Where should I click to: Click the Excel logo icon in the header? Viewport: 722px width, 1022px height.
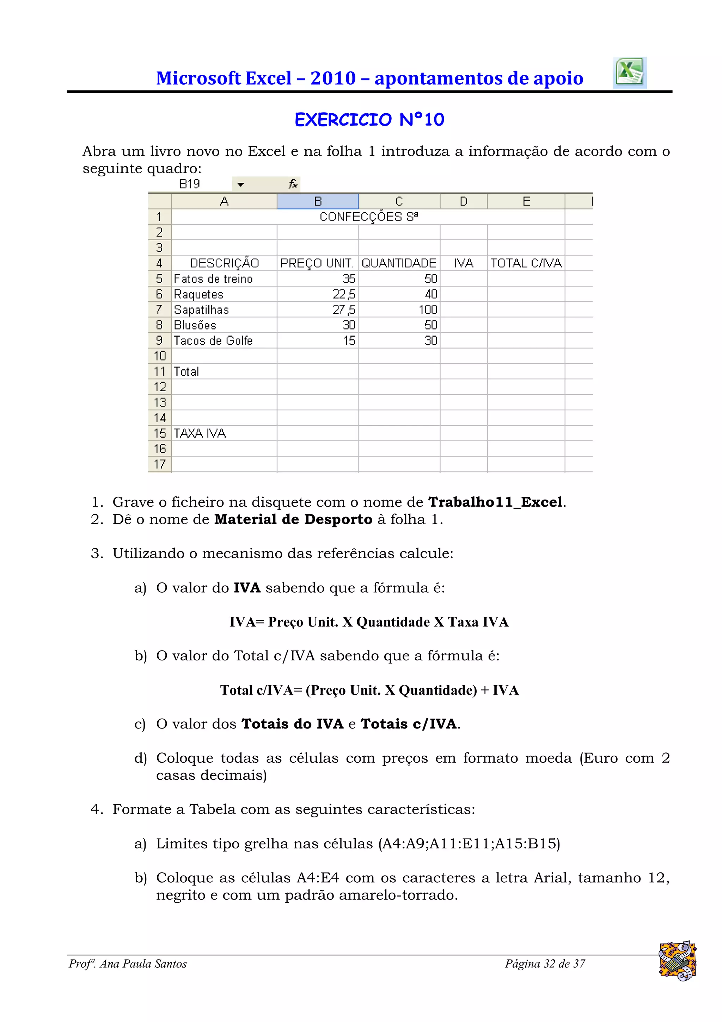click(629, 73)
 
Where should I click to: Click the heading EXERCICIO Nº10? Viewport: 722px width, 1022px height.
click(369, 120)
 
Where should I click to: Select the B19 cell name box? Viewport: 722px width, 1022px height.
click(190, 184)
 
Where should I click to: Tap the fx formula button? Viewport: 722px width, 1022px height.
click(293, 184)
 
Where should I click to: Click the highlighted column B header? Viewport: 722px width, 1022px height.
click(318, 201)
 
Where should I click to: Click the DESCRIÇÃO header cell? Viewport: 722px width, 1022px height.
click(224, 263)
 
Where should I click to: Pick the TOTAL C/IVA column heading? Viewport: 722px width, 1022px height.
click(526, 263)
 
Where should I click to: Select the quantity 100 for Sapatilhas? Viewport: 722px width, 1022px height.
click(428, 310)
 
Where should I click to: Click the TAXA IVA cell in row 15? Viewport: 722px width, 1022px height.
click(200, 433)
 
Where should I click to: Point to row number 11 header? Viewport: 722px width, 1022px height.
click(159, 371)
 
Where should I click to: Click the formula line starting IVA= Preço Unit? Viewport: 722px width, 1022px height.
click(369, 622)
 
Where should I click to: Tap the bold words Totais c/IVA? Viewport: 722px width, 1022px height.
click(408, 724)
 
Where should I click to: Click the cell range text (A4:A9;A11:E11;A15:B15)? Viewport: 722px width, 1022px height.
click(469, 843)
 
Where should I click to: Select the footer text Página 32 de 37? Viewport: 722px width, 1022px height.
click(545, 964)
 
